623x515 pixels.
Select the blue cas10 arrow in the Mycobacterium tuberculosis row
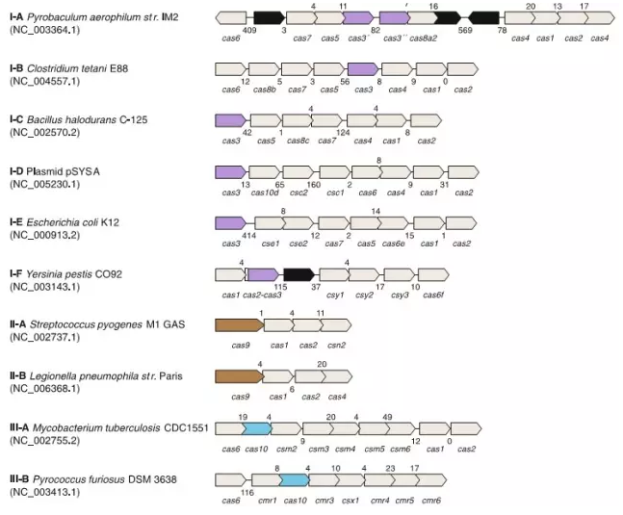(x=258, y=428)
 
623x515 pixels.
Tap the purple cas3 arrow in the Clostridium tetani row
(x=362, y=69)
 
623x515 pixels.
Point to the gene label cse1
(x=271, y=244)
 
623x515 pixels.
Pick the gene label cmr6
(x=431, y=500)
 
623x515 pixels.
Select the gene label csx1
(x=351, y=500)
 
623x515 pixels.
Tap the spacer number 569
(x=466, y=30)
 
